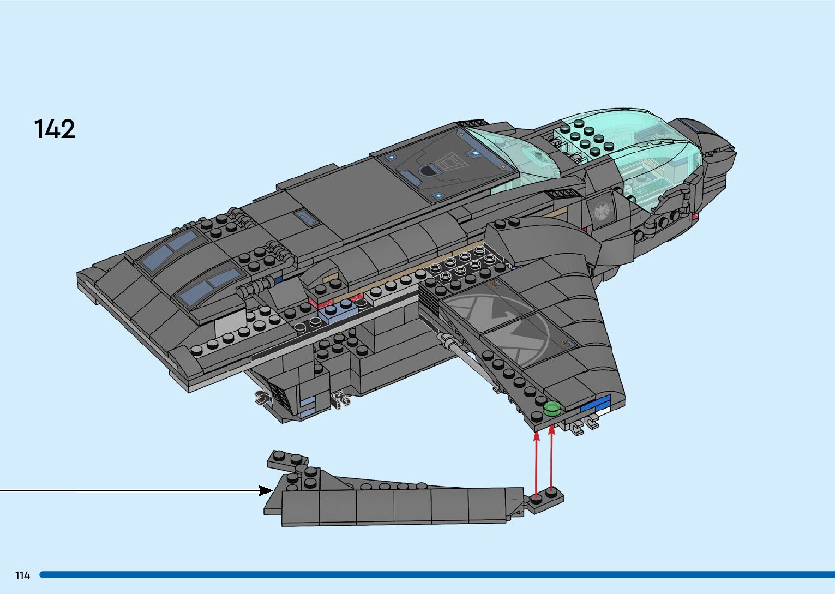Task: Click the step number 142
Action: click(x=55, y=129)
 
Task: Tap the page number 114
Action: click(x=22, y=575)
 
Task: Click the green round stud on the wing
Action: click(x=552, y=408)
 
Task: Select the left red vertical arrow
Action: click(x=537, y=463)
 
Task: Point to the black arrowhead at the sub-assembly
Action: click(x=266, y=491)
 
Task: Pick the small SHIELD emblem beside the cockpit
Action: click(x=602, y=211)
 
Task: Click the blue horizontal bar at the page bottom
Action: click(x=436, y=574)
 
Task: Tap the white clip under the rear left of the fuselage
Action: click(x=262, y=399)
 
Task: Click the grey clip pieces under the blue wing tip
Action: click(x=584, y=423)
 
